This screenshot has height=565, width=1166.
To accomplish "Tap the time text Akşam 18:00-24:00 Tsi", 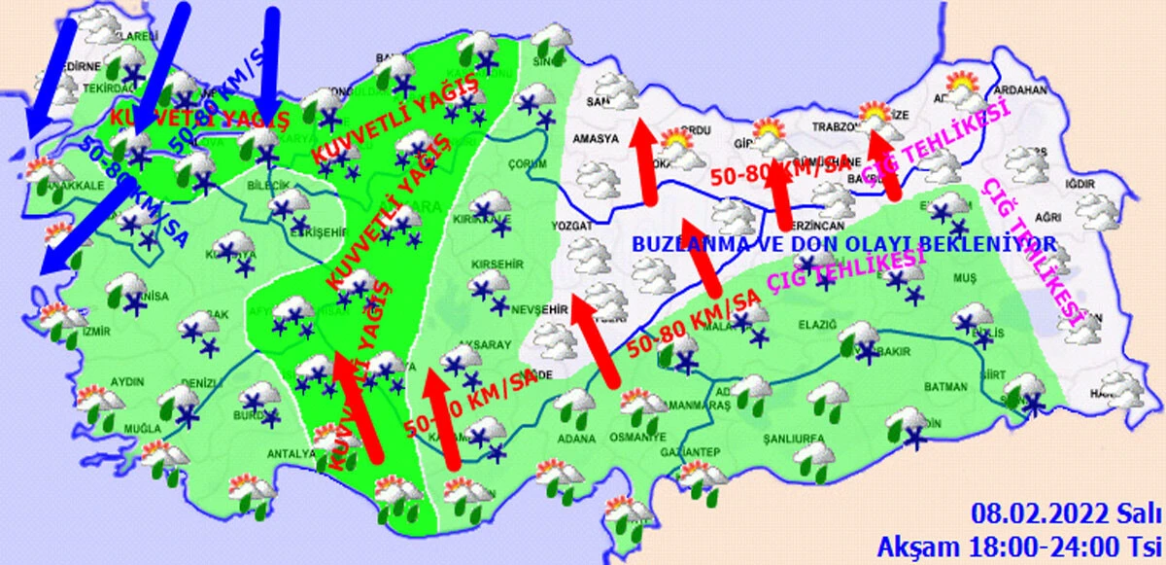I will pyautogui.click(x=1021, y=542).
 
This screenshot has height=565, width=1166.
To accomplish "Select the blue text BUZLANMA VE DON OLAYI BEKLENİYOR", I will pyautogui.click(x=843, y=243).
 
